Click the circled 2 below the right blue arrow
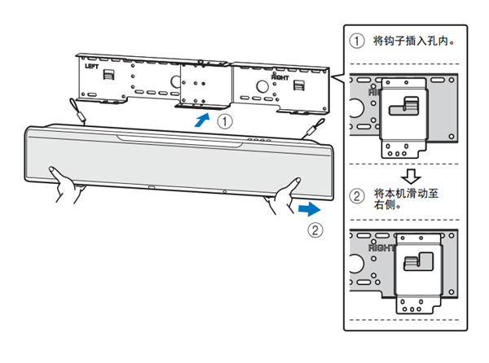coord(315,230)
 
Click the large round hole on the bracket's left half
coord(175,82)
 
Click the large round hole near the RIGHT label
coord(264,85)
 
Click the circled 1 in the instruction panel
coord(356,41)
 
